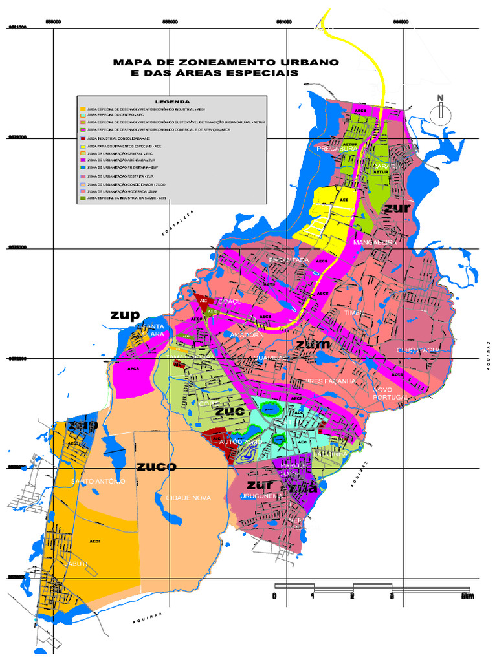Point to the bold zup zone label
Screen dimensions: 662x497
point(125,315)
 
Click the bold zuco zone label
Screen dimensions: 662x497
point(156,465)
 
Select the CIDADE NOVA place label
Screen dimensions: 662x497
point(188,498)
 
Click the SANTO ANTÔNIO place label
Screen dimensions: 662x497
point(98,482)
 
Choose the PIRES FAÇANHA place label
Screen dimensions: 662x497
point(329,381)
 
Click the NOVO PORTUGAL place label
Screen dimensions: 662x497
point(391,392)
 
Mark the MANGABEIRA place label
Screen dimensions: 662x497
point(373,242)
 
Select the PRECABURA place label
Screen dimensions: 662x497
point(337,149)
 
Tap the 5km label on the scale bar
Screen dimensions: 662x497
point(467,597)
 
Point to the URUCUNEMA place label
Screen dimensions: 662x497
point(260,496)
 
